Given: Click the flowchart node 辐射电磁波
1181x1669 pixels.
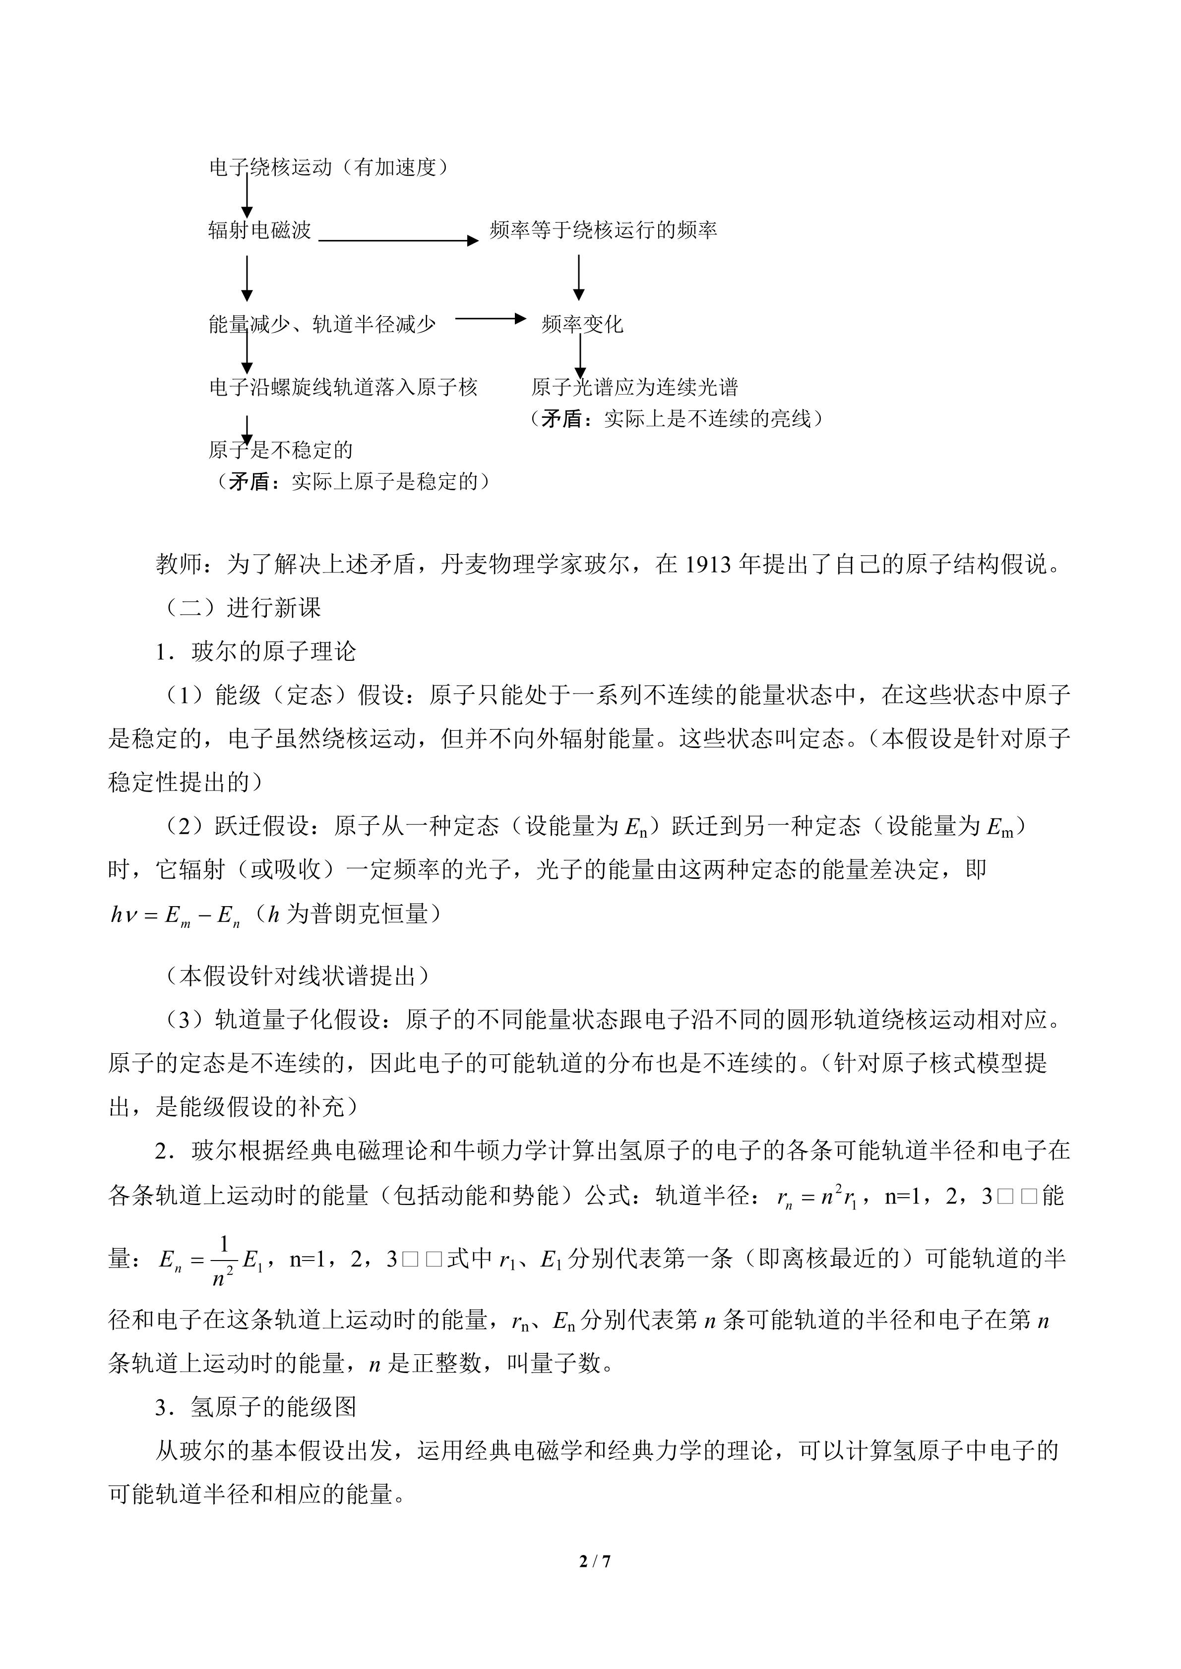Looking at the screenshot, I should [x=259, y=230].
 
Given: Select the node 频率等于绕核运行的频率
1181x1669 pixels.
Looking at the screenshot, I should [x=603, y=230].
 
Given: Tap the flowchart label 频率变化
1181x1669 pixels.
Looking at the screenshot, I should [x=582, y=324].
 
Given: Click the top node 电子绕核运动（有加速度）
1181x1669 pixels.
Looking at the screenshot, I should [x=329, y=167].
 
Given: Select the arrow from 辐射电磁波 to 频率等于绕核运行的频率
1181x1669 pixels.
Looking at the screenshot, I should [x=398, y=240].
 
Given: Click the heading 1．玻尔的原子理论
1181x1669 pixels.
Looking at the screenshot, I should [x=256, y=651].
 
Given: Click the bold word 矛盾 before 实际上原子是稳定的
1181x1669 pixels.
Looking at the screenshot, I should [x=249, y=481].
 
